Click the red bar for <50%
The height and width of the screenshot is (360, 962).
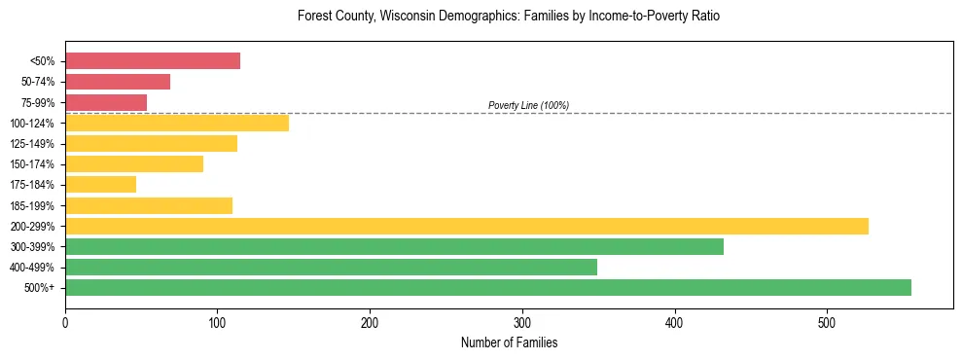[153, 61]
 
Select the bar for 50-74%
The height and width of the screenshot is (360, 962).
[118, 82]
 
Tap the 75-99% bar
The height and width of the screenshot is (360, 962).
[106, 102]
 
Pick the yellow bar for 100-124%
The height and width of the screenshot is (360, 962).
[177, 123]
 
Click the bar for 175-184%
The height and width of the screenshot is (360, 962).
[100, 184]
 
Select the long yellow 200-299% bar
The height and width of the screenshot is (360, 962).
[467, 226]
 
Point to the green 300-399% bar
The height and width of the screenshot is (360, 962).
[394, 246]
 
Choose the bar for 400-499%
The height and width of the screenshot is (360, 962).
[331, 267]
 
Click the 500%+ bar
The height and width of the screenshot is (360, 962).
[488, 287]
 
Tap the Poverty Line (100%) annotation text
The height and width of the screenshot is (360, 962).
[528, 105]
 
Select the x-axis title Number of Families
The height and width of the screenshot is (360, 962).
[509, 342]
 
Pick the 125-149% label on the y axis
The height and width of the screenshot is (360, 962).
[32, 144]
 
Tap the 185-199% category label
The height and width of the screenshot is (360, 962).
[32, 205]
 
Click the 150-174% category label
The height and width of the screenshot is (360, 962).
[32, 164]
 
